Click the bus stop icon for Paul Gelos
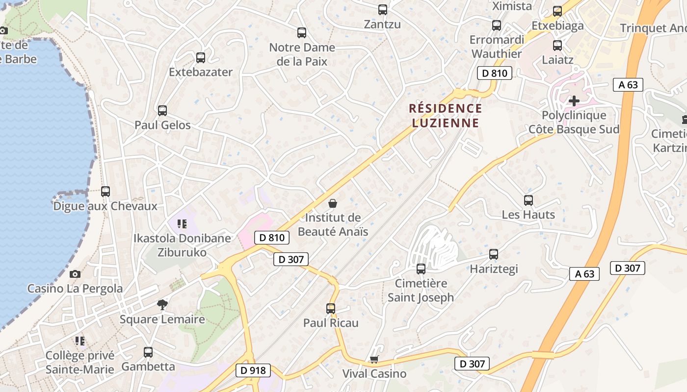[x=162, y=111]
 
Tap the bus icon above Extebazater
[x=201, y=58]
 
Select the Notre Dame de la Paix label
[x=302, y=54]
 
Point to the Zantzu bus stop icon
[x=382, y=10]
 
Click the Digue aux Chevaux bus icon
[x=106, y=192]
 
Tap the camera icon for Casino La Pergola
[x=75, y=274]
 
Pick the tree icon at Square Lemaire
[x=162, y=305]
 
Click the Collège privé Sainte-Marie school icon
[x=80, y=341]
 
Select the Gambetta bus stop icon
[x=148, y=352]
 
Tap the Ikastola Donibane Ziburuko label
[x=182, y=245]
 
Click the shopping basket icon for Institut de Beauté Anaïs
[x=333, y=203]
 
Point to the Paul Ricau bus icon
[x=331, y=309]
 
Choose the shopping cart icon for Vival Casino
[x=374, y=360]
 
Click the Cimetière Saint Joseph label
[x=421, y=290]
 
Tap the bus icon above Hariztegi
[x=494, y=254]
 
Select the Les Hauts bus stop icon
[x=528, y=200]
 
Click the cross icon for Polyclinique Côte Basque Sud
[x=574, y=101]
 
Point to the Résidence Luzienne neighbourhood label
[x=446, y=115]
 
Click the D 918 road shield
[x=254, y=370]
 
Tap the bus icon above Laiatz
[x=557, y=46]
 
